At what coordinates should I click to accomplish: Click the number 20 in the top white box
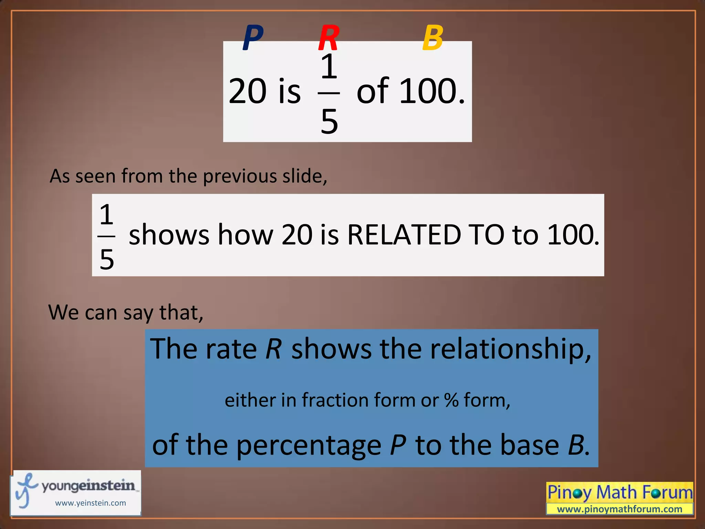[248, 91]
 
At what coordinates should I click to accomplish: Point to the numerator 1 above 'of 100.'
[329, 66]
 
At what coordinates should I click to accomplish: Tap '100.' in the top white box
[432, 91]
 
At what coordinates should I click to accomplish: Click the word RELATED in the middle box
[404, 235]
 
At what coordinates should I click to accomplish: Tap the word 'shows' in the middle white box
[169, 235]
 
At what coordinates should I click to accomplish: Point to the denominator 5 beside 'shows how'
[107, 260]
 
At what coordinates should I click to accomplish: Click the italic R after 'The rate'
[274, 349]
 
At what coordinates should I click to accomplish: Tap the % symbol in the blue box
[451, 400]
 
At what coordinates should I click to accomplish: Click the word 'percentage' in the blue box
[309, 445]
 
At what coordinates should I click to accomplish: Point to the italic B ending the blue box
[576, 445]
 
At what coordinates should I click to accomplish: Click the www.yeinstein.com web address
[91, 503]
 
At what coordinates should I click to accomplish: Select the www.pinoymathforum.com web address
[619, 509]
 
